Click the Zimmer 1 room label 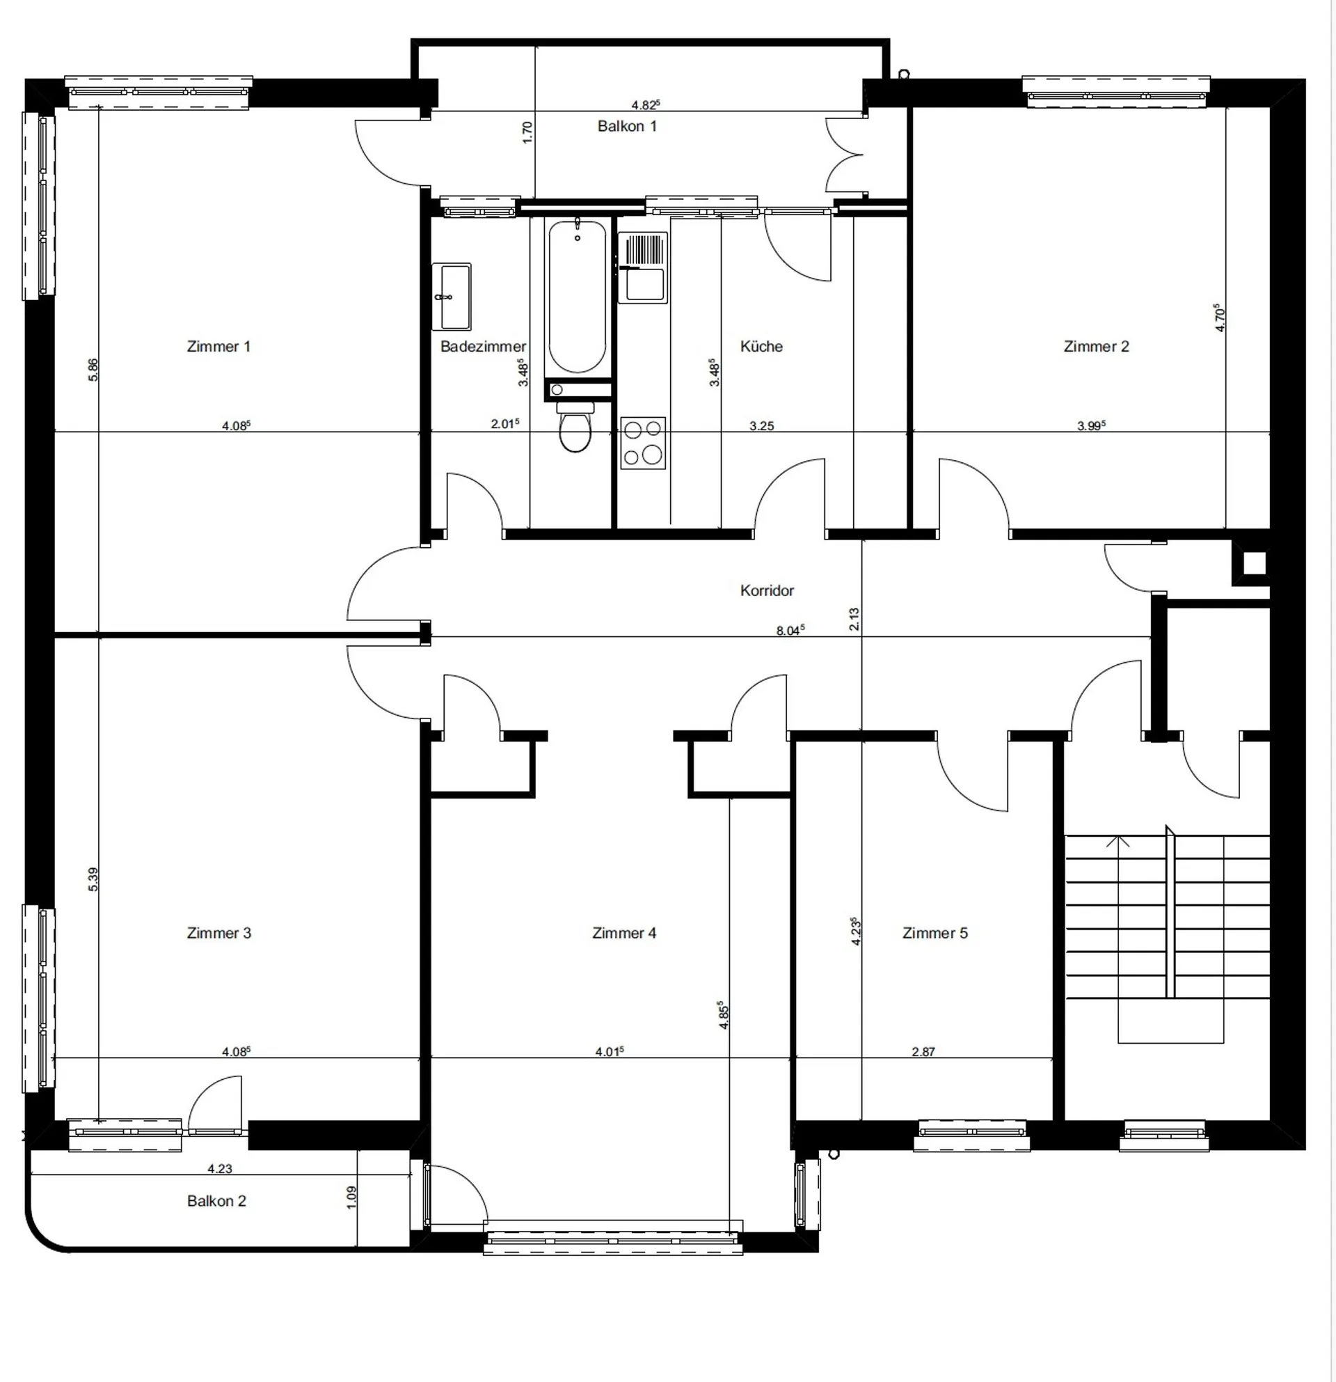218,346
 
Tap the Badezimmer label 484,346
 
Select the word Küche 762,346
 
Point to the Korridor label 767,590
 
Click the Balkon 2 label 216,1201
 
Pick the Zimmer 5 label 935,933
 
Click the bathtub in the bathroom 577,296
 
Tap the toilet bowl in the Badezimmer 575,427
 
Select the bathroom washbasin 451,297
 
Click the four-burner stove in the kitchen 643,443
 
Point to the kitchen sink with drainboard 643,268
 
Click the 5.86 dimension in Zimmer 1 93,370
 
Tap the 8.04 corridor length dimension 790,629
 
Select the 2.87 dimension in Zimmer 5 923,1051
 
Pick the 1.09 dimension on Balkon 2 351,1197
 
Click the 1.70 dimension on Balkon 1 527,132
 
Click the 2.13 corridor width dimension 854,619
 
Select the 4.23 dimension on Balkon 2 220,1168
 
